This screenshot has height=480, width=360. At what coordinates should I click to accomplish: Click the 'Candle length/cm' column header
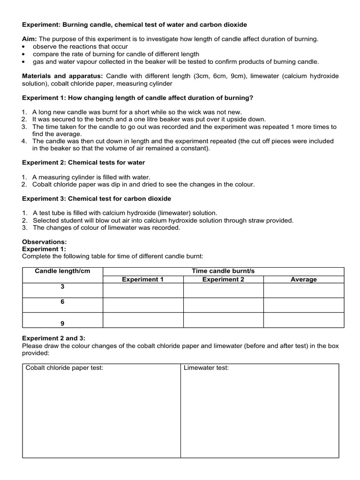pos(62,271)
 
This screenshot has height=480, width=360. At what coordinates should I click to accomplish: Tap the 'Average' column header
pos(303,279)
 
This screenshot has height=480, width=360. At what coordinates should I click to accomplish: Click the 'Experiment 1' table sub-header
pos(142,279)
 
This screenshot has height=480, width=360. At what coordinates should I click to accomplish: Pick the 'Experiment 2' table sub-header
pos(223,279)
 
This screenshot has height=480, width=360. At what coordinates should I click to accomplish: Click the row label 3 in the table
pos(62,287)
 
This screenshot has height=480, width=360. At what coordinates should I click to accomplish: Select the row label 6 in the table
pos(62,302)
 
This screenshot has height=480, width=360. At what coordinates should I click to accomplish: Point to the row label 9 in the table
pos(62,323)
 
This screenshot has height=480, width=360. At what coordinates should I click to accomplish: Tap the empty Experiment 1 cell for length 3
pos(142,291)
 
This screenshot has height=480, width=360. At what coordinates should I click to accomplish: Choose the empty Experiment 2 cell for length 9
pos(223,320)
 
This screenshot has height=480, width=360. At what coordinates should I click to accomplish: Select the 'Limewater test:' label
pos(206,368)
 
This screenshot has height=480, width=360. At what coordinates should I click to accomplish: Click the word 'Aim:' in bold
pos(30,39)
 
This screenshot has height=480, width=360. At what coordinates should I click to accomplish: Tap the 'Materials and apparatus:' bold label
pos(63,76)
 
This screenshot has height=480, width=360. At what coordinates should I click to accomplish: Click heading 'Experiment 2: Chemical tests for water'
pos(84,163)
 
